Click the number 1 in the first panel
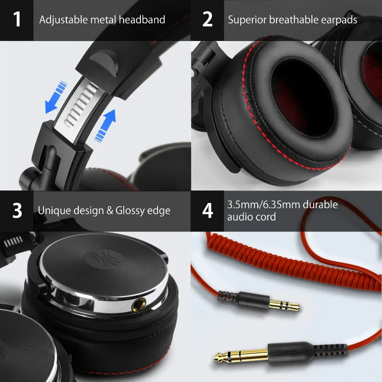(x=17, y=20)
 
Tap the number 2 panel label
(x=207, y=20)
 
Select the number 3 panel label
(x=17, y=211)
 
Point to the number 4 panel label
(x=207, y=211)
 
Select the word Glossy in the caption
(x=131, y=210)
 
